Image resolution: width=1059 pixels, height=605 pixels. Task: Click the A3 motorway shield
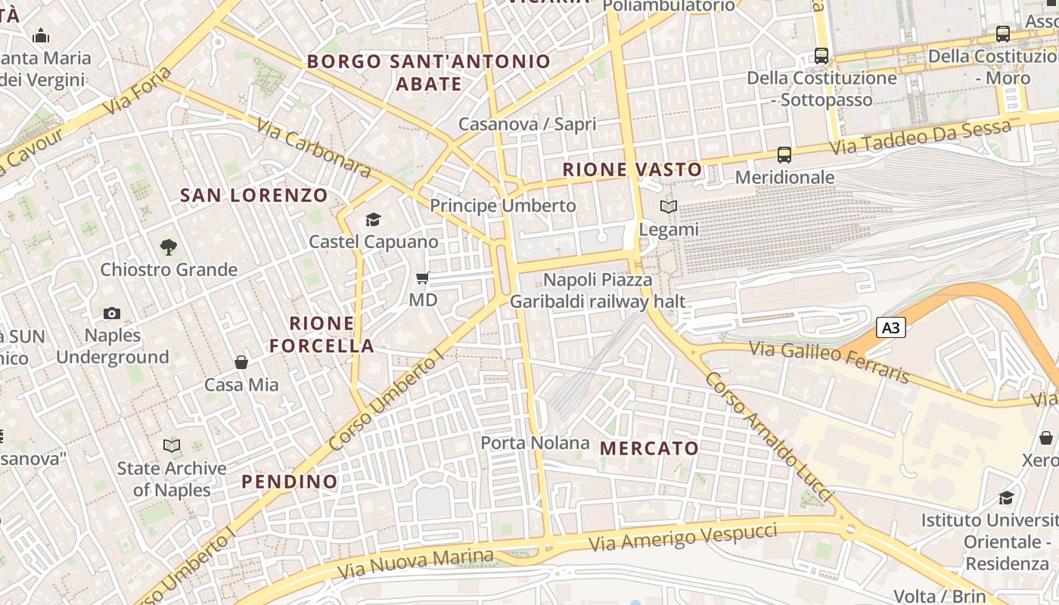(x=891, y=327)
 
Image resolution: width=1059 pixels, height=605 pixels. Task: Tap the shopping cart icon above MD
(x=423, y=278)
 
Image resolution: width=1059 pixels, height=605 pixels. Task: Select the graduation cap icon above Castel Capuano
(x=373, y=219)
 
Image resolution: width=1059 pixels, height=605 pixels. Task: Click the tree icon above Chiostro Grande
(x=169, y=247)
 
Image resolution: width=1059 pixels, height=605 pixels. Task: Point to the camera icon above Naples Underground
(x=112, y=313)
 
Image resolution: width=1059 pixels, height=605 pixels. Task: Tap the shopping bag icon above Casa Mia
(x=241, y=362)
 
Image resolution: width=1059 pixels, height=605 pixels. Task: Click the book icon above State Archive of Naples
(x=172, y=446)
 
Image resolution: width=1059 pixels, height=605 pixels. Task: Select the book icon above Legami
(x=669, y=206)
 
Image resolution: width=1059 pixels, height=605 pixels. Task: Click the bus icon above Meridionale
(x=784, y=155)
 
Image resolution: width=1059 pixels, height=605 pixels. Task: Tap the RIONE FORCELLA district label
(x=321, y=335)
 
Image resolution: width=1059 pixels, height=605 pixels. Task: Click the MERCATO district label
(x=649, y=448)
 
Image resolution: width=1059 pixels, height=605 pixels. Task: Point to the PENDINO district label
(x=290, y=482)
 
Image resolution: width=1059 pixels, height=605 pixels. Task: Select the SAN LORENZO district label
(x=254, y=196)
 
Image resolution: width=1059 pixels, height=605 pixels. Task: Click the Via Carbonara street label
(x=313, y=148)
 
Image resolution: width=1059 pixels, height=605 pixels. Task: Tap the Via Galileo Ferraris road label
(x=829, y=362)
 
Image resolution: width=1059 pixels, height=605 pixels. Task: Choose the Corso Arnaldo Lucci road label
(x=768, y=436)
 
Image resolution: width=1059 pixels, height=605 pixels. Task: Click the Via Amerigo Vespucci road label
(x=683, y=536)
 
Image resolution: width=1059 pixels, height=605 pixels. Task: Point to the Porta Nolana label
(x=535, y=443)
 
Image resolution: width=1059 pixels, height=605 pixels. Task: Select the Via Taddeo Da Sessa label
(x=921, y=138)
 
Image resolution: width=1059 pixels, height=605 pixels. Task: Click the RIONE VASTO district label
(x=632, y=169)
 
